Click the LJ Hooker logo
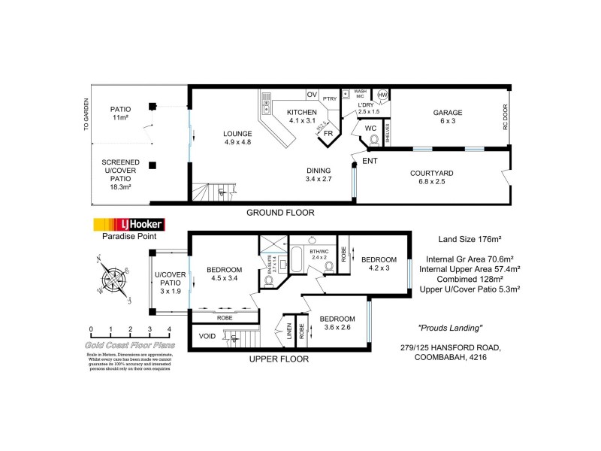128,224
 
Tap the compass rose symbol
115,279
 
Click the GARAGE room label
447,114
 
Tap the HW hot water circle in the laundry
382,95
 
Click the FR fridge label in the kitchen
328,134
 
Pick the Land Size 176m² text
470,239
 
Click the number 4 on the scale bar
170,330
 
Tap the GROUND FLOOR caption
280,213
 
